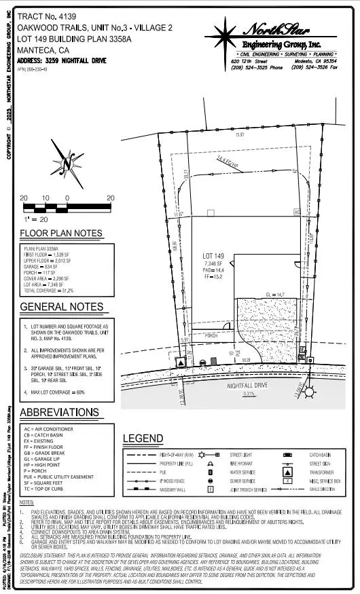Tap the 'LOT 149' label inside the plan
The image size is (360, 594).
(213, 256)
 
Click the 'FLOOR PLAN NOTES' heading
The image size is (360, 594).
(61, 234)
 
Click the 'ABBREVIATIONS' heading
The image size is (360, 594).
(59, 413)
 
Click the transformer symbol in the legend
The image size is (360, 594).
(288, 470)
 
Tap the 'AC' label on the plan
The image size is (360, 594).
(297, 212)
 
